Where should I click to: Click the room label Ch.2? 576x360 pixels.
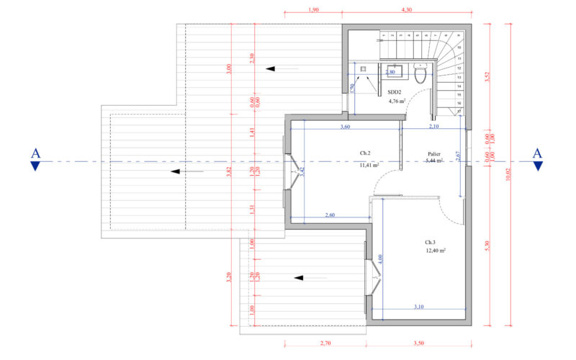click(x=365, y=153)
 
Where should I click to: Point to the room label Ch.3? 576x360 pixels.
click(x=431, y=242)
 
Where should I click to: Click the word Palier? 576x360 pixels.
click(x=433, y=153)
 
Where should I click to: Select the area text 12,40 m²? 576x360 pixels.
click(x=435, y=251)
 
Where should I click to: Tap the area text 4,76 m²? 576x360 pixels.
click(x=397, y=102)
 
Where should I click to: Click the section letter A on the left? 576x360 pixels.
click(x=35, y=153)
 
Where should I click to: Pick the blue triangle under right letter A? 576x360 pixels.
click(x=537, y=167)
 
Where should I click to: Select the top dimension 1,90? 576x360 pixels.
click(x=313, y=9)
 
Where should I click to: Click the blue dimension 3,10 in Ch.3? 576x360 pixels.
click(x=418, y=307)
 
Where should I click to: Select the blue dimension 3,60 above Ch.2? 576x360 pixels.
click(x=345, y=127)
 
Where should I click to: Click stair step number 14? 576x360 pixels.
click(x=459, y=85)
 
